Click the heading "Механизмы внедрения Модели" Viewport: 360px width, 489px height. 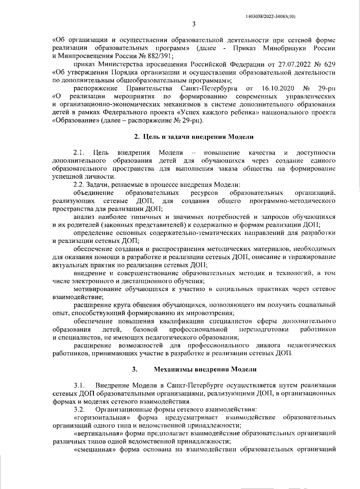tap(205, 369)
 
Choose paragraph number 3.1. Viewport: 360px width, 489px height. tap(79, 385)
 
